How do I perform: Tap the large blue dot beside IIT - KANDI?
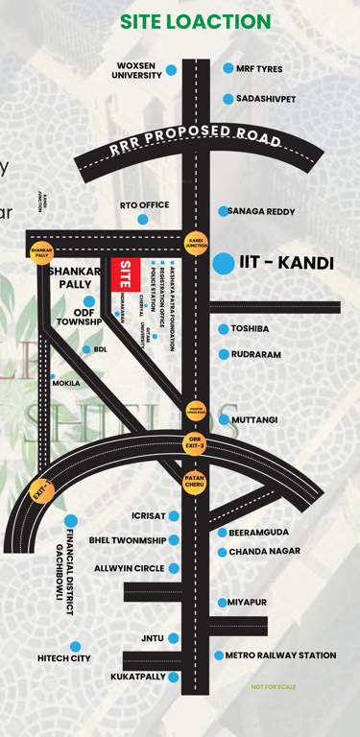pyautogui.click(x=224, y=262)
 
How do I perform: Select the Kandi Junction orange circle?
pyautogui.click(x=196, y=244)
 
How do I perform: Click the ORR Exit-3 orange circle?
pyautogui.click(x=195, y=442)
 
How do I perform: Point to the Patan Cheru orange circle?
pyautogui.click(x=195, y=477)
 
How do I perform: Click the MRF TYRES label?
pyautogui.click(x=261, y=68)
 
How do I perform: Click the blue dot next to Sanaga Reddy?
pyautogui.click(x=222, y=211)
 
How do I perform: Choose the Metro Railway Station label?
pyautogui.click(x=280, y=655)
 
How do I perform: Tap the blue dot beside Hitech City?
pyautogui.click(x=75, y=646)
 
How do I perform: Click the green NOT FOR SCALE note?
pyautogui.click(x=274, y=687)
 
